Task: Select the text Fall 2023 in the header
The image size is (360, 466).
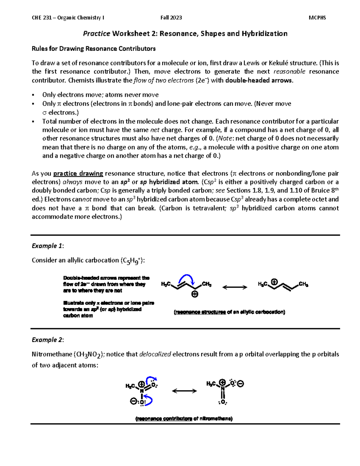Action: click(x=171, y=18)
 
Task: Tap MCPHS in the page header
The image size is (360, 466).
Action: click(x=317, y=18)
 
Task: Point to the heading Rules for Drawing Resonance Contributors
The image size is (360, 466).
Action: click(x=94, y=49)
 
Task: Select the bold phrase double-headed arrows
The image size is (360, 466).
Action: click(x=259, y=80)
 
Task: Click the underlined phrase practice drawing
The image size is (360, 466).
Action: click(x=78, y=174)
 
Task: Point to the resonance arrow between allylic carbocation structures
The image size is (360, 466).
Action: click(x=235, y=287)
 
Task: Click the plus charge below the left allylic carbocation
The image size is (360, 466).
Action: click(x=195, y=294)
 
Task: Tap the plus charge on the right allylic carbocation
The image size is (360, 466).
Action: click(x=274, y=282)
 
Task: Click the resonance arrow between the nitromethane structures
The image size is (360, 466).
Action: click(x=184, y=391)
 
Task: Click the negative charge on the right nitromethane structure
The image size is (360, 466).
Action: click(x=241, y=384)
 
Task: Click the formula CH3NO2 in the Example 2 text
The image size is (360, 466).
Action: click(x=89, y=354)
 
